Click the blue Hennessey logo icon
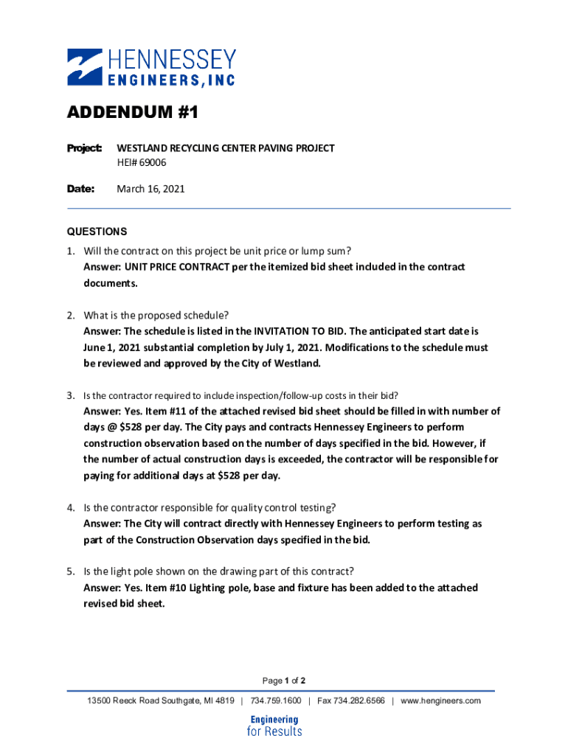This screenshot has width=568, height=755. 85,66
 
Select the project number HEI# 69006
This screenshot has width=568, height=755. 142,162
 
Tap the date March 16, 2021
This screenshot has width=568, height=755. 150,189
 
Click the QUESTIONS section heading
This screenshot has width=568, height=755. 97,231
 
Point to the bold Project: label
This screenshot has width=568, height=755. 84,148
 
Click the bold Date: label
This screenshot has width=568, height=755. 81,189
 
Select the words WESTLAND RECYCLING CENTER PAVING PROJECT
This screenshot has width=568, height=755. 226,148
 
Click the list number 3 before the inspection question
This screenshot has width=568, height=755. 71,395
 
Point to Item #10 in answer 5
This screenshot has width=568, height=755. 166,588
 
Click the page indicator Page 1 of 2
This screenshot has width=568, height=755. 284,680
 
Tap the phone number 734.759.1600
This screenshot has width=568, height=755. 276,700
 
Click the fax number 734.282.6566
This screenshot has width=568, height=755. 351,700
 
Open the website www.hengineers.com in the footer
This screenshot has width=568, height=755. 440,700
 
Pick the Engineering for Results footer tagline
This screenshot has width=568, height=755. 274,726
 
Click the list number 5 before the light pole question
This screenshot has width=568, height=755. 71,571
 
